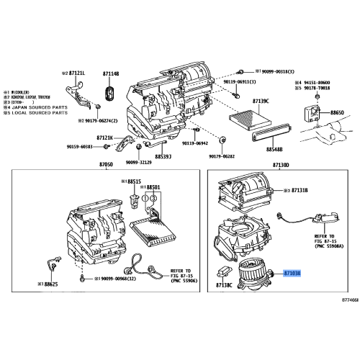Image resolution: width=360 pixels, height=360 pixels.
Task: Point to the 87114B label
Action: click(x=111, y=73)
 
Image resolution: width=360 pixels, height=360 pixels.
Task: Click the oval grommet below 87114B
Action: click(x=110, y=93)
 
